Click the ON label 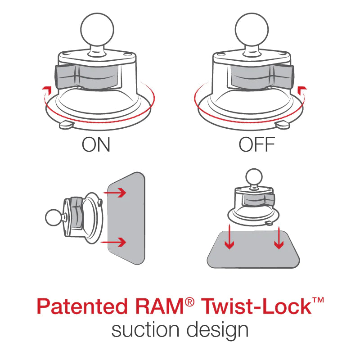click(96, 145)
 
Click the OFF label click(257, 145)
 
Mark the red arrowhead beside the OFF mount click(303, 89)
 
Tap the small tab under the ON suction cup click(66, 124)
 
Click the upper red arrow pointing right click(117, 192)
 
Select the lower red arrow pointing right click(117, 243)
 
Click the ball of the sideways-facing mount click(54, 218)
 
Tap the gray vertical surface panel click(127, 218)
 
